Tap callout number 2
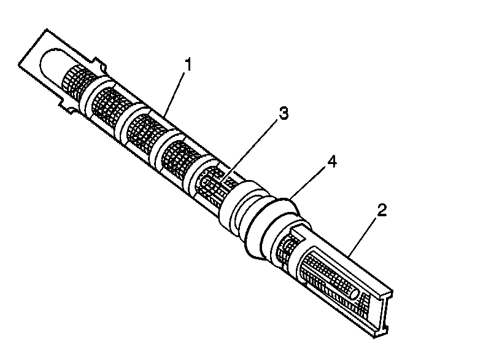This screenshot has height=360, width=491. pyautogui.click(x=381, y=211)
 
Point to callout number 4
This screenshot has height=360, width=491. pyautogui.click(x=331, y=162)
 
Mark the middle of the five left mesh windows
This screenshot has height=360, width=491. pyautogui.click(x=142, y=125)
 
